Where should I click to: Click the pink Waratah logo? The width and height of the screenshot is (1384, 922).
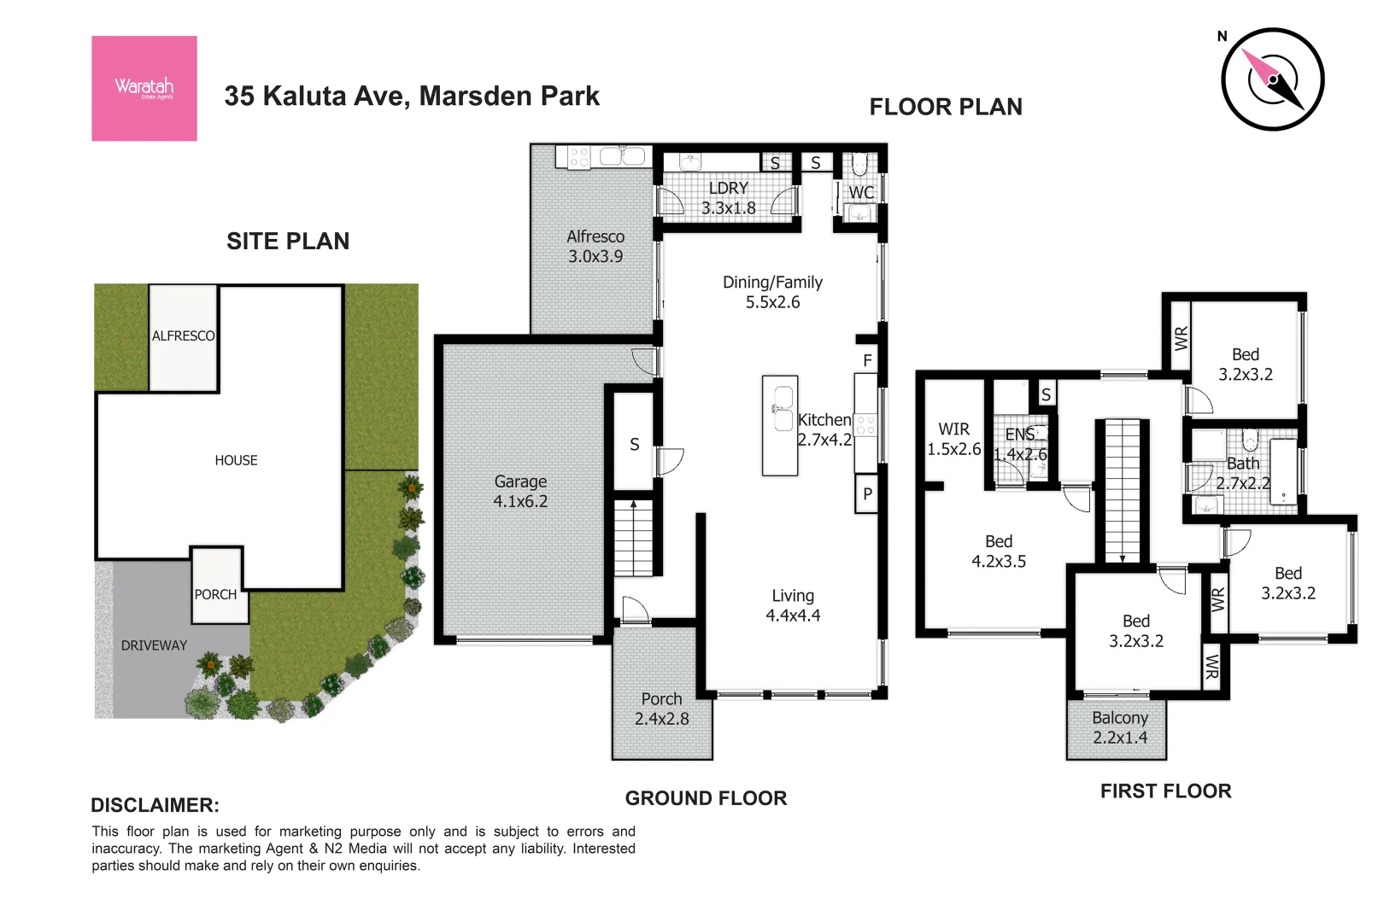[x=144, y=88]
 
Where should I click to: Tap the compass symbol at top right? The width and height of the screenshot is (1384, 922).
[x=1272, y=79]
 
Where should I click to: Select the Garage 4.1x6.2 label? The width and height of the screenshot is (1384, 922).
[x=520, y=492]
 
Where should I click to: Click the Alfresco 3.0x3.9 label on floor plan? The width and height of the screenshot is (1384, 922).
[x=595, y=246]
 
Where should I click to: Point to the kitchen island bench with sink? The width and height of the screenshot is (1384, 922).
[x=780, y=425]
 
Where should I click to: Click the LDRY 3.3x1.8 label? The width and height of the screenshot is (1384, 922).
[x=728, y=197]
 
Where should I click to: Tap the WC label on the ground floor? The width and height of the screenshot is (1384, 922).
[x=861, y=193]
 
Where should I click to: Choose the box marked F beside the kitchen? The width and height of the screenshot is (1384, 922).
[x=867, y=360]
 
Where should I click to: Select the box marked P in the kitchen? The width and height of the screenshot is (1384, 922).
[x=867, y=494]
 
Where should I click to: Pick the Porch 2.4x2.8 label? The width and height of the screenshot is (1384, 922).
[x=661, y=709]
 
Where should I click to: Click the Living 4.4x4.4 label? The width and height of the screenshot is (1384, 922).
[x=793, y=605]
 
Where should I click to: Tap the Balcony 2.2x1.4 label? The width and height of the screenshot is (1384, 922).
[x=1119, y=727]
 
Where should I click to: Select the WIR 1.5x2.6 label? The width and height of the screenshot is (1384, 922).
[x=954, y=439]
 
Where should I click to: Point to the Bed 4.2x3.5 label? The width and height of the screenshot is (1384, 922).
[x=999, y=551]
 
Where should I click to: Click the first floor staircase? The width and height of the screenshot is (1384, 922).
[x=1123, y=491]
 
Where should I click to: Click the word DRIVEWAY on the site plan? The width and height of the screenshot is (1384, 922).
[x=154, y=645]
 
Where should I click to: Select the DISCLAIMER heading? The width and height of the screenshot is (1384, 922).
[x=155, y=805]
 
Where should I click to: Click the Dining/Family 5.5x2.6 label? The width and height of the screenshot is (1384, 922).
[x=772, y=292]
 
